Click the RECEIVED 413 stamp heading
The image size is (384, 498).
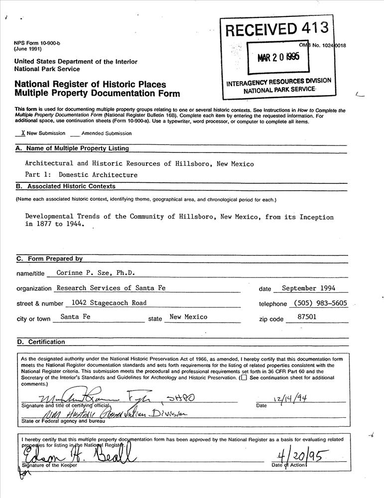[x=277, y=29]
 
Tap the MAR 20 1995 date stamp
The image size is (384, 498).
[x=278, y=57]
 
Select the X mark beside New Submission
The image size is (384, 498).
[x=23, y=133]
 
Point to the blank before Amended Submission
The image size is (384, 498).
[x=75, y=134]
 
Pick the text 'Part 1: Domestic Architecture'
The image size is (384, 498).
[x=81, y=175]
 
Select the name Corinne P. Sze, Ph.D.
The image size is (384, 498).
[x=96, y=272]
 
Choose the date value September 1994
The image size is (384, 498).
[x=308, y=288]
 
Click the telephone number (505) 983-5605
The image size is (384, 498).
[x=320, y=303]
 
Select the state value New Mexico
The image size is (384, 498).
[x=188, y=317]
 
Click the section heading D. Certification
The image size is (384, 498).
[x=41, y=342]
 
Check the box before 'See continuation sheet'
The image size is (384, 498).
[x=243, y=377]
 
